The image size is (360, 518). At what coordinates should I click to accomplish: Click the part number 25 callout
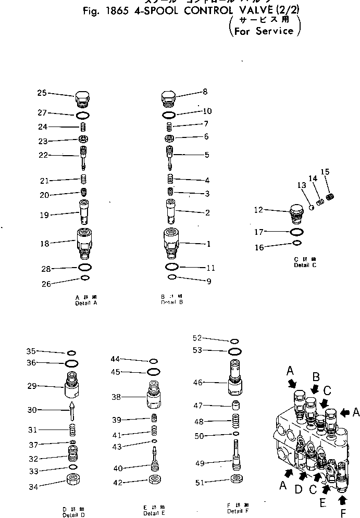click(42, 93)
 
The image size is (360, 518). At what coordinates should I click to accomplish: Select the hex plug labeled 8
click(169, 97)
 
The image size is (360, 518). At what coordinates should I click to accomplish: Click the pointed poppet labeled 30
click(71, 410)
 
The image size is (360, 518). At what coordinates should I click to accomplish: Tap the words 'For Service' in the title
click(264, 31)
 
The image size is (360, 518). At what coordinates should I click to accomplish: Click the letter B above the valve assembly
click(316, 376)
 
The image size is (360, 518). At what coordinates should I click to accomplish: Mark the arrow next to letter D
click(304, 475)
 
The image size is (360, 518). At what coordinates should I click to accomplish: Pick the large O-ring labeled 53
click(235, 350)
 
